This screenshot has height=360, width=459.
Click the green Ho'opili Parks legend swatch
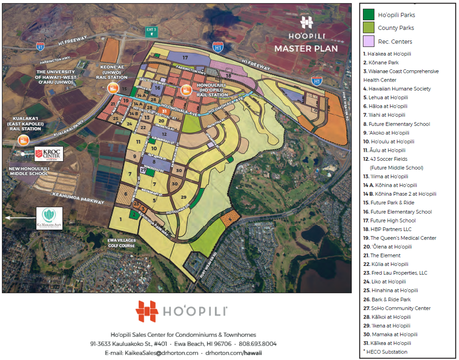(x=369, y=15)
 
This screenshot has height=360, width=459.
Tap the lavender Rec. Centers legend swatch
(x=369, y=41)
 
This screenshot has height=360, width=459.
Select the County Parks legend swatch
(x=369, y=28)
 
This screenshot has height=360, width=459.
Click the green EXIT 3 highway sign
(x=150, y=30)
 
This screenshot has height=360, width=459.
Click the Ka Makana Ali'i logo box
(x=49, y=218)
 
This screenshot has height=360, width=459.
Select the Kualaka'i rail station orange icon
(x=23, y=140)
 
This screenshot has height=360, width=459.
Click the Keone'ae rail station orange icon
(x=112, y=89)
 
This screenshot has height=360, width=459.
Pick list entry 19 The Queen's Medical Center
(x=399, y=238)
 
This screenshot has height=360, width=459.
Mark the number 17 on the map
(x=186, y=58)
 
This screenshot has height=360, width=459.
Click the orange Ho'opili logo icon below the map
(x=147, y=311)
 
